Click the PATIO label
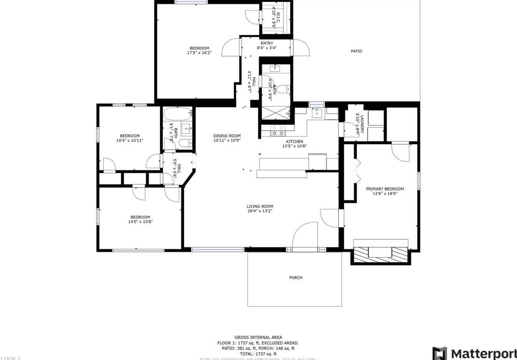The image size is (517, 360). point(356,51)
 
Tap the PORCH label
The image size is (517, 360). point(296,278)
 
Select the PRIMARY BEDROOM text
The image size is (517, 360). point(385,189)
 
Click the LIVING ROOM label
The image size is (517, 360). point(260,207)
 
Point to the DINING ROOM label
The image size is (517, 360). point(227,136)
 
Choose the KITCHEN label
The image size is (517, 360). point(294,142)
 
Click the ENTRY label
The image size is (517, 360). point(266,43)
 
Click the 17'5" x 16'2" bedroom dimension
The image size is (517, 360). point(199,53)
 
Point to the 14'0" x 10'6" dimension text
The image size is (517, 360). point(140,222)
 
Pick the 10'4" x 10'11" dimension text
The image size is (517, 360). point(129,140)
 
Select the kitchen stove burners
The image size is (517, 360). point(278,131)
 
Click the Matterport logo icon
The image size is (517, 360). point(439,353)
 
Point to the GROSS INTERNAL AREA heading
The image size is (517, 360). point(258,337)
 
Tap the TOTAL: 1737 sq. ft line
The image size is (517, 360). point(258,354)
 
